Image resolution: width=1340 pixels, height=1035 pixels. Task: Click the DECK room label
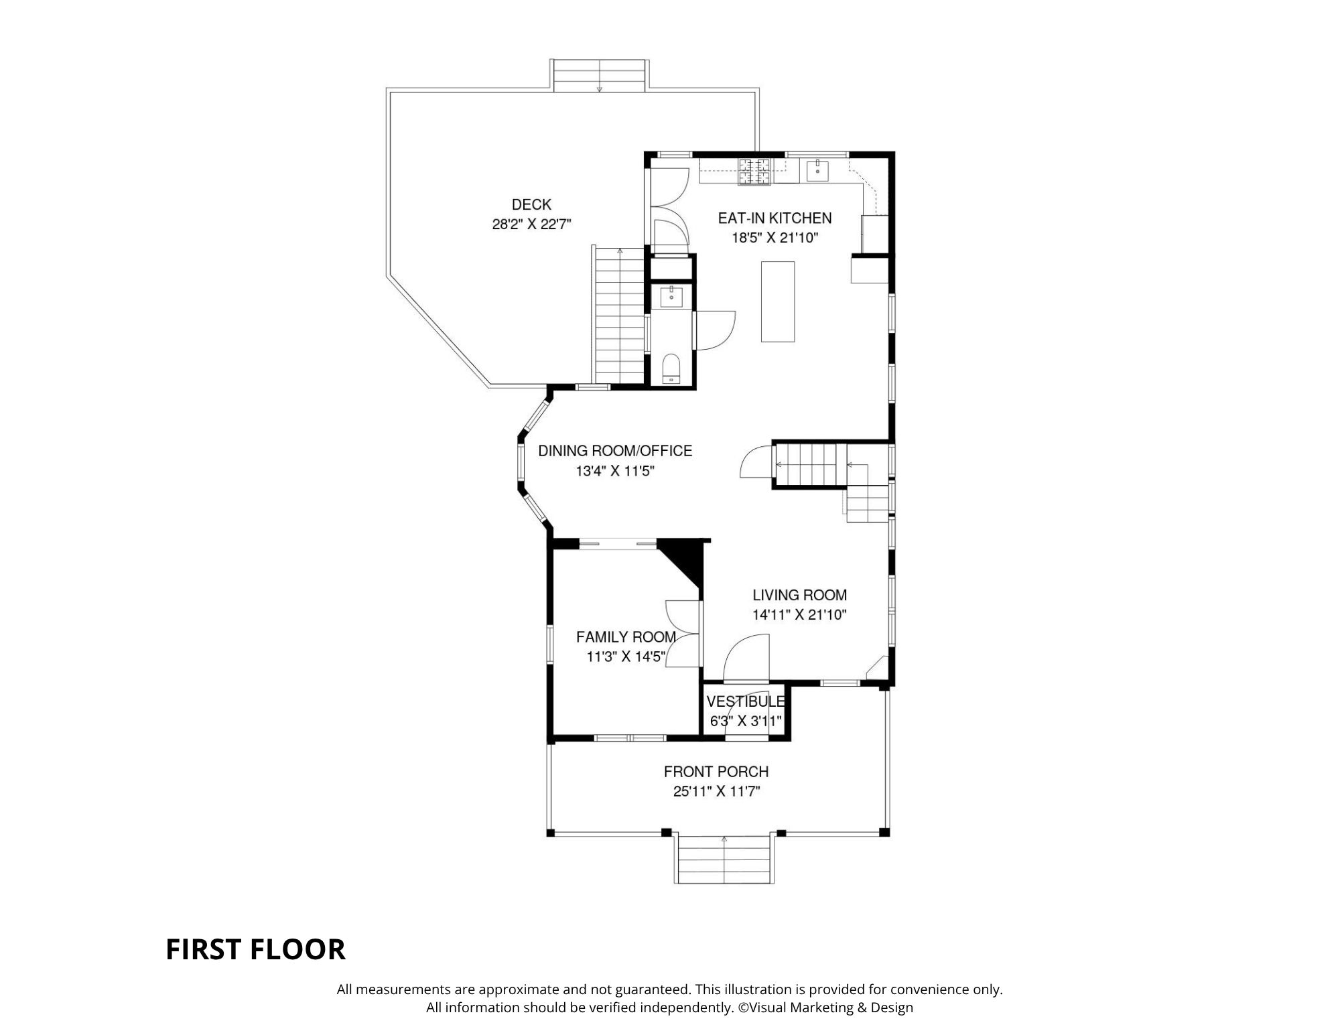click(x=531, y=204)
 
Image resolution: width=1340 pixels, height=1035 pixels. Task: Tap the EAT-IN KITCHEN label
click(x=775, y=218)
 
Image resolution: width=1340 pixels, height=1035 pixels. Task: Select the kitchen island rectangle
click(x=778, y=301)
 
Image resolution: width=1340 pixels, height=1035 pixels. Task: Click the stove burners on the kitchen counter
click(x=755, y=171)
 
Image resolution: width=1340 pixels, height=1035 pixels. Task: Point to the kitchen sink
click(x=817, y=171)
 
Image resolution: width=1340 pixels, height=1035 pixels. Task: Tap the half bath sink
click(x=671, y=296)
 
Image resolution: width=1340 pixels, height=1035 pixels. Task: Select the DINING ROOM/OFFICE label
click(x=615, y=451)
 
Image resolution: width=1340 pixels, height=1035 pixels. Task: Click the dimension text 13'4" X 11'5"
click(x=615, y=471)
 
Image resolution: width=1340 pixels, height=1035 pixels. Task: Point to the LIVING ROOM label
click(x=799, y=595)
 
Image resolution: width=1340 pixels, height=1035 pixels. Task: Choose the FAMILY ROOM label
click(x=626, y=636)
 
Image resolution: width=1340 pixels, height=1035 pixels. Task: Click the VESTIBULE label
click(x=746, y=701)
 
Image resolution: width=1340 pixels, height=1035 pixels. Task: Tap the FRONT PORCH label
click(x=716, y=772)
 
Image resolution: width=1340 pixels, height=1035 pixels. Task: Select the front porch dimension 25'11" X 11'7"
click(x=716, y=791)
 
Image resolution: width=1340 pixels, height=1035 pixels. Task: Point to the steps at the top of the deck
click(x=600, y=75)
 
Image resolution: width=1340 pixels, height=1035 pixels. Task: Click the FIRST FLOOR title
click(x=255, y=949)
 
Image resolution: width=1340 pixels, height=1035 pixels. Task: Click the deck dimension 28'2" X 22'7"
click(x=531, y=224)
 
